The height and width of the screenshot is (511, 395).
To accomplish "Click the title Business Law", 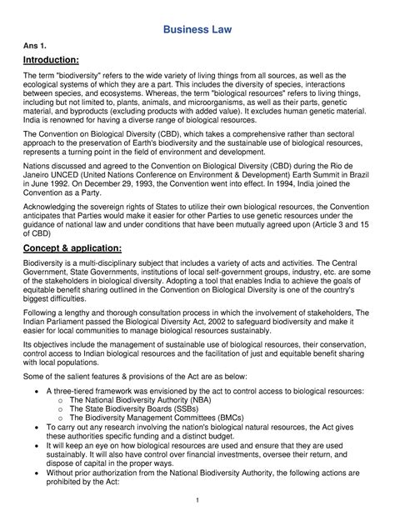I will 197,31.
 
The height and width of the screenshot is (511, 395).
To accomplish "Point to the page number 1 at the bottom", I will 197,499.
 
